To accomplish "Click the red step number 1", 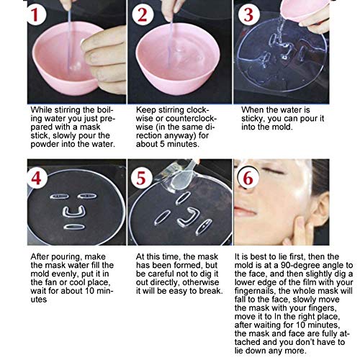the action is [35, 14].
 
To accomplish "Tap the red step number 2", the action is [143, 14].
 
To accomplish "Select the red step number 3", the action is [248, 14].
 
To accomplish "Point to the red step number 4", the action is [36, 179].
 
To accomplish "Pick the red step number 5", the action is [141, 179].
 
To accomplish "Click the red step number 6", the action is [248, 179].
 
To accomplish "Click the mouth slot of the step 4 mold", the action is [74, 227].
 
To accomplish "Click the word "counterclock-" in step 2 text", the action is [191, 119].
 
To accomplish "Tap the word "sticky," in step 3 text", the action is [253, 119].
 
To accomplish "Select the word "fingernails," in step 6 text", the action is [256, 292].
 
